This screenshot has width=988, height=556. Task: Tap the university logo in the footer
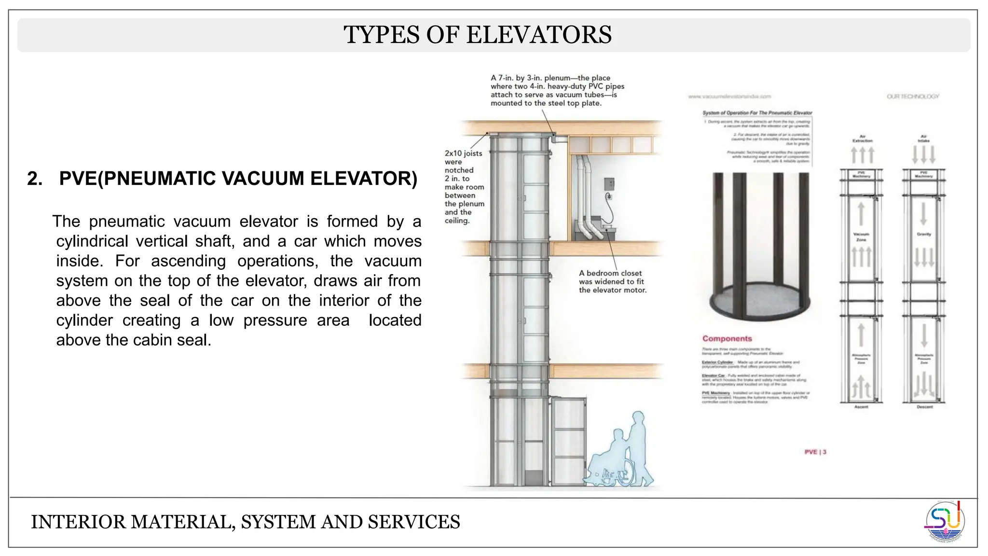945,522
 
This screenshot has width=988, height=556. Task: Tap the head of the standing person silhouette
638,417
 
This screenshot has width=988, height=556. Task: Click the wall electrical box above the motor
609,184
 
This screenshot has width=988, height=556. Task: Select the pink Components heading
727,339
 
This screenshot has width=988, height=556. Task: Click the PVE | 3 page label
815,452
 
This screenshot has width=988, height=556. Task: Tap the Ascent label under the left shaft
861,407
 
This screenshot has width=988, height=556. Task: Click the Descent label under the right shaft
924,407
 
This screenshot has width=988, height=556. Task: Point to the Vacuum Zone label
861,237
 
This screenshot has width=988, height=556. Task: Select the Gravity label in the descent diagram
924,234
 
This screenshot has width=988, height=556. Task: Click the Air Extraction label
862,139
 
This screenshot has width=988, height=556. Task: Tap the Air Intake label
924,139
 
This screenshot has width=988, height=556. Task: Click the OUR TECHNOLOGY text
913,97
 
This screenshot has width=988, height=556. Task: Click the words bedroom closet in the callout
614,273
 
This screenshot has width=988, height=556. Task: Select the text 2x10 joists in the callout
463,153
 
